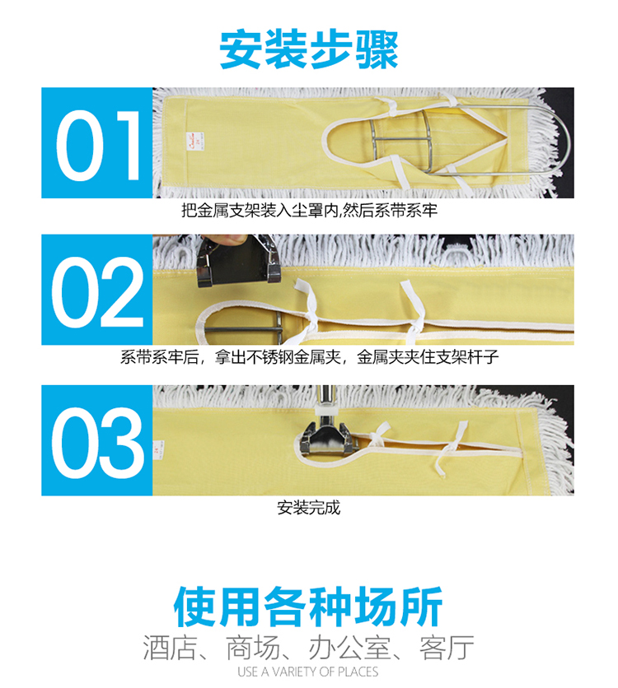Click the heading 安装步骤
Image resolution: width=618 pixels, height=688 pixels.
pos(309,49)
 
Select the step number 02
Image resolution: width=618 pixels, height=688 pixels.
pos(97,292)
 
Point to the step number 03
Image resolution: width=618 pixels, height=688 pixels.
pos(97,443)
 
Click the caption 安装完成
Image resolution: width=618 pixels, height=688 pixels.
pos(308,508)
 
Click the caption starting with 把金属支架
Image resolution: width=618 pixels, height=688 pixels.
pos(309,211)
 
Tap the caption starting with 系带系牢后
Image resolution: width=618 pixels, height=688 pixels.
pos(309,357)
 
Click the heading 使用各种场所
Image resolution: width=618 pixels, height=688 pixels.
pos(308,606)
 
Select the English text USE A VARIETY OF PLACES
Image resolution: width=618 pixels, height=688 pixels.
pos(308,672)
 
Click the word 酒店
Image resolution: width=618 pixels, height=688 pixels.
pos(169,647)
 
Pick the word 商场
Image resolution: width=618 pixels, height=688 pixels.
pos(253,647)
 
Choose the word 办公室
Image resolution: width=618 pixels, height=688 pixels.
pos(349,647)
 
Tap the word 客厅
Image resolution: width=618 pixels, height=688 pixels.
pos(447,647)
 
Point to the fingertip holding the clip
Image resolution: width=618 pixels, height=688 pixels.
pos(232,240)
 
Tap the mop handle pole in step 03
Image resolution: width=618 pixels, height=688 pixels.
pos(325,397)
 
